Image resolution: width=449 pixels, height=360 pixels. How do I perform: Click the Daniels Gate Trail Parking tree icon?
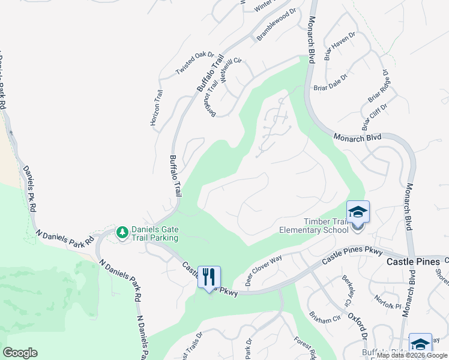point(122,232)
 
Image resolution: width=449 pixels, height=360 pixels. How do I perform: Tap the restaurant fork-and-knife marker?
point(209,277)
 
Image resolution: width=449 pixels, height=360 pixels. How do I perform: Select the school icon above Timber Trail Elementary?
point(358,212)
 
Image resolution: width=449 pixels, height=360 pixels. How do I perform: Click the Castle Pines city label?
point(413,262)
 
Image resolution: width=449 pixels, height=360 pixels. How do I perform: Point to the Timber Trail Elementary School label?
point(314,225)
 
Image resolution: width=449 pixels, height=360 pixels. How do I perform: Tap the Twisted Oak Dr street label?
point(195,64)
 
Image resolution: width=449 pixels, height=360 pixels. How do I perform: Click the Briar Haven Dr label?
point(340,46)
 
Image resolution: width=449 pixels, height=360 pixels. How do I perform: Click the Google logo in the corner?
point(20,353)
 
